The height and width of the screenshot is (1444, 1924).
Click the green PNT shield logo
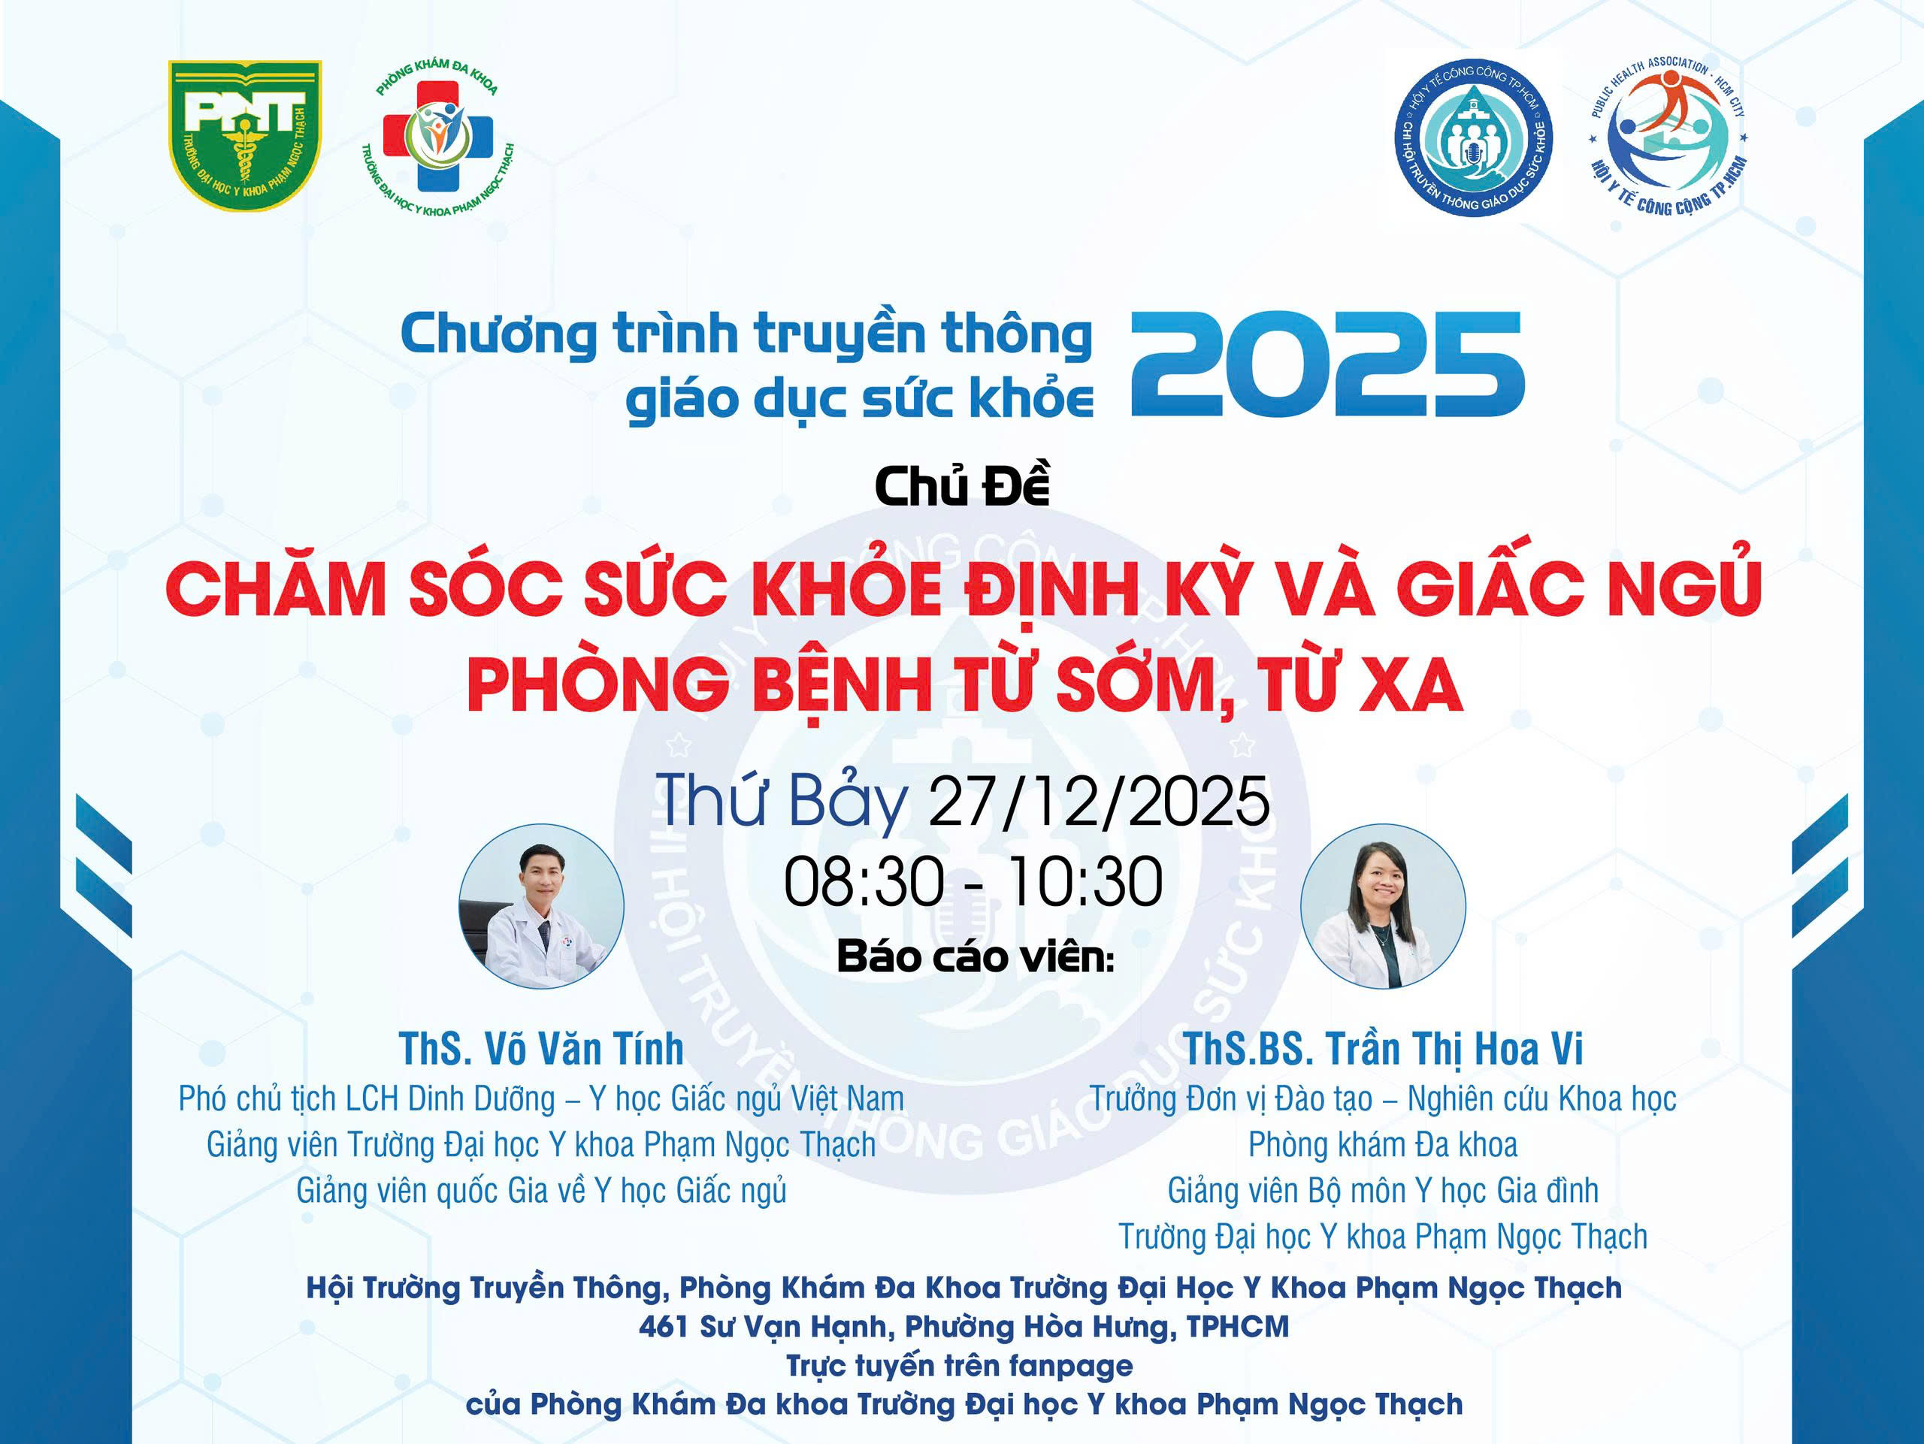(244, 134)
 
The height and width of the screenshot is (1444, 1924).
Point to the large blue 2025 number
(1327, 364)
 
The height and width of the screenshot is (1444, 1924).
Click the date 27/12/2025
(1099, 801)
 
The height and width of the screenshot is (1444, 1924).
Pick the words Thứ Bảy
(781, 802)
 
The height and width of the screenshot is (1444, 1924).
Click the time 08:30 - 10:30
(973, 881)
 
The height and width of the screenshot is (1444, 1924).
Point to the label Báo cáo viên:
(975, 957)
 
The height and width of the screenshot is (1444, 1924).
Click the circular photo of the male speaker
(541, 906)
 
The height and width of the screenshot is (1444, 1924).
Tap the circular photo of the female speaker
(1383, 906)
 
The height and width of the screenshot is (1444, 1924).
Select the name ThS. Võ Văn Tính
(541, 1049)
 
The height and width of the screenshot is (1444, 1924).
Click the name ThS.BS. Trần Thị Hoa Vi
(1383, 1049)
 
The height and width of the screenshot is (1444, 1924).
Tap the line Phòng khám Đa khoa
(1383, 1145)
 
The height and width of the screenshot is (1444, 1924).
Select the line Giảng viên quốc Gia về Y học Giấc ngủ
(541, 1191)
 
